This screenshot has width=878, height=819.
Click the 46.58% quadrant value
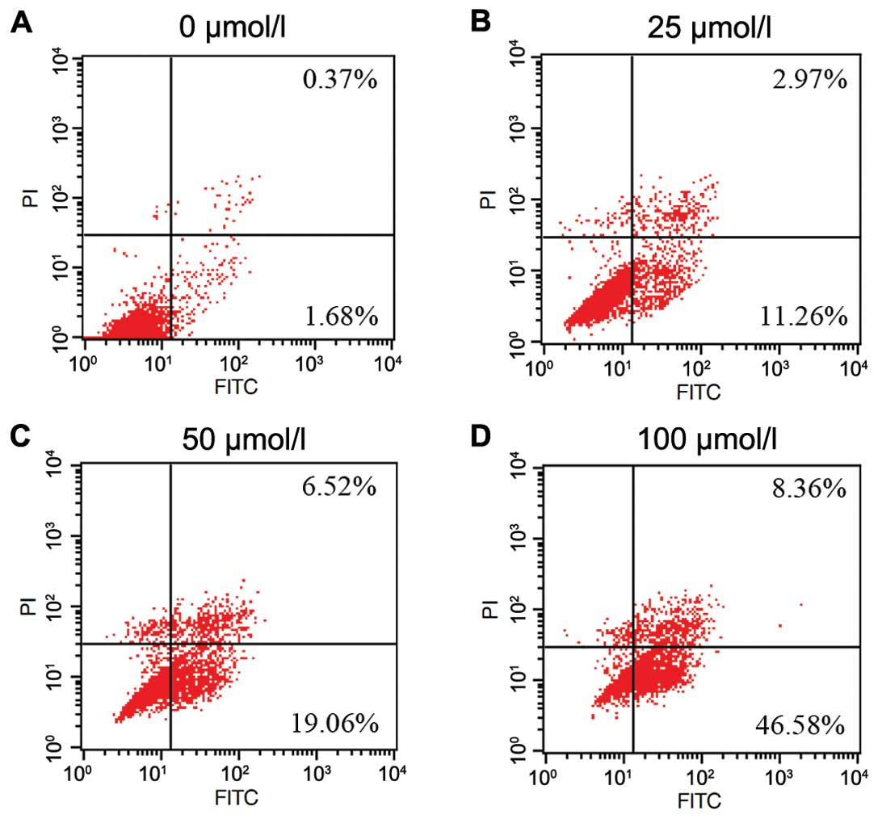[801, 724]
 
